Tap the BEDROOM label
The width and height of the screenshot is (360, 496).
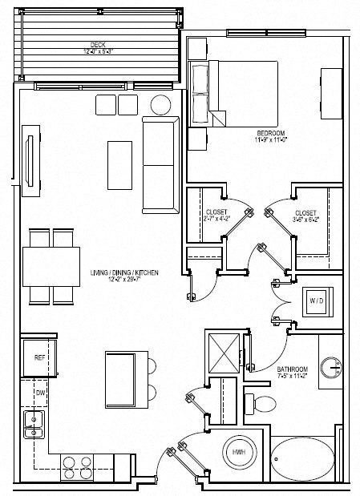267,132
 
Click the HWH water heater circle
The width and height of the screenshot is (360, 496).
238,453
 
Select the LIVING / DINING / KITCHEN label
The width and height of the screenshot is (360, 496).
124,274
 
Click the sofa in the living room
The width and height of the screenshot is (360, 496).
160,164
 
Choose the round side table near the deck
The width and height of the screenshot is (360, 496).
161,104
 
